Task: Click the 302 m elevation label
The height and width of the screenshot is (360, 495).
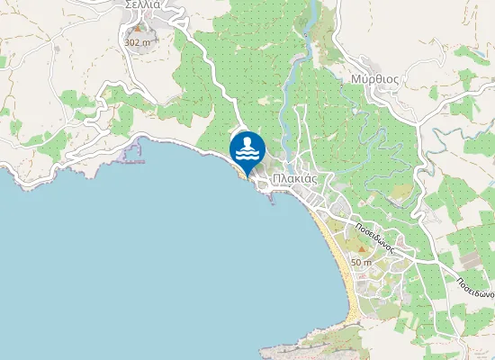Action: pos(137,42)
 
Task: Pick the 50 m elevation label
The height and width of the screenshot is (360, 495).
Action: pos(361,262)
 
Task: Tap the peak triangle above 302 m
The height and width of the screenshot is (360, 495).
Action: pos(138,29)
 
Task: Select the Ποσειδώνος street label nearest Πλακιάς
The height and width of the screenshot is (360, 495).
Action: pos(372,238)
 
